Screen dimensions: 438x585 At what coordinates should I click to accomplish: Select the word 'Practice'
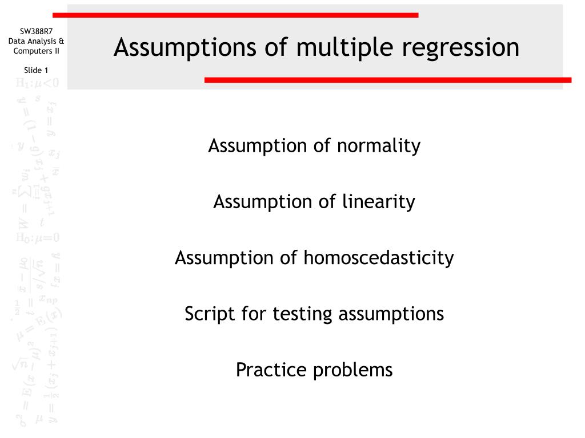271,370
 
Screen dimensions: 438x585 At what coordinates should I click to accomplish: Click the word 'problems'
353,370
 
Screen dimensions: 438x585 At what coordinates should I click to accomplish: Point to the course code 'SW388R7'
36,31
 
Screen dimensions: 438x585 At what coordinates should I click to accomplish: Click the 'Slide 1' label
36,70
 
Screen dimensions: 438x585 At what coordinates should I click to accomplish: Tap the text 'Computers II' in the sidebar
36,51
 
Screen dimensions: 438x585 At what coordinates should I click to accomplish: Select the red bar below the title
388,80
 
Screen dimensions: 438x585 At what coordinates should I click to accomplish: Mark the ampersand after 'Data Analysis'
62,41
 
